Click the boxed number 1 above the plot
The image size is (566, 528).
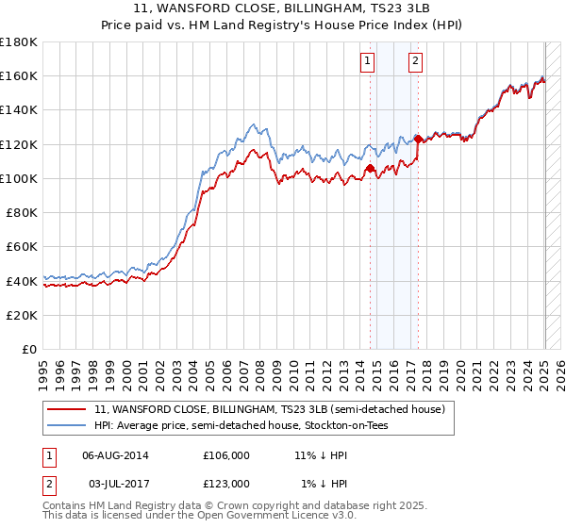pos(366,62)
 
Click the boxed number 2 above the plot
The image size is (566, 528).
pos(415,62)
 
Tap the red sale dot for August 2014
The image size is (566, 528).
pos(370,169)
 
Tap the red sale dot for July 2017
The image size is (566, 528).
pos(418,140)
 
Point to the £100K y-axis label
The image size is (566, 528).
pos(18,178)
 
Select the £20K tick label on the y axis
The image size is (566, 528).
pos(22,315)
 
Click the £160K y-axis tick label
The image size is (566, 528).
pos(18,75)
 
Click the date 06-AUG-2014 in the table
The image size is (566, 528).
pos(116,454)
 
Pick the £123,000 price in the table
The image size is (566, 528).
pos(225,483)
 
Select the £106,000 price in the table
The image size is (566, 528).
pos(225,454)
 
